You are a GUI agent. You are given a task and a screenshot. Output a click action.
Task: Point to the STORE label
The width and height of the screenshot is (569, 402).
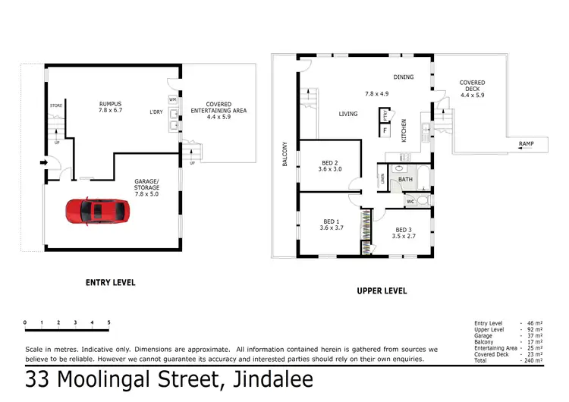click(55, 105)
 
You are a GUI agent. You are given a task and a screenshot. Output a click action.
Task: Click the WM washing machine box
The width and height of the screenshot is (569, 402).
click(172, 99)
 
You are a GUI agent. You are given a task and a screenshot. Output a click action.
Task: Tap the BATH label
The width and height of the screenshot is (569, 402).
click(405, 180)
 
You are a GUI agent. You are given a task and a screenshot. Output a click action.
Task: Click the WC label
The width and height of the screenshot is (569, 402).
click(410, 201)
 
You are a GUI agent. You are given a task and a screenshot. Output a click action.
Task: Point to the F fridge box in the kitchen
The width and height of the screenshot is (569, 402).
click(385, 130)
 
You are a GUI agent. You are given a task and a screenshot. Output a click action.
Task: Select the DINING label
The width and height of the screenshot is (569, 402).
click(403, 77)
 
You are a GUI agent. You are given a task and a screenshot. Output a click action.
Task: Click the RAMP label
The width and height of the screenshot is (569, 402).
click(526, 143)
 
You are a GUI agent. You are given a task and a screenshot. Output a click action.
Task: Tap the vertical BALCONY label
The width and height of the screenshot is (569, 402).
click(284, 155)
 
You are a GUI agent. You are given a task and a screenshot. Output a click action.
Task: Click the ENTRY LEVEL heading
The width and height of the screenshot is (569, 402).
click(110, 282)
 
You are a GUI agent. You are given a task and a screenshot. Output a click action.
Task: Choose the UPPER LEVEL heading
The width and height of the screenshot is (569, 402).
click(381, 291)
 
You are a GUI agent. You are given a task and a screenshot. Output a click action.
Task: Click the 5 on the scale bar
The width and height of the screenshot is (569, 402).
click(108, 323)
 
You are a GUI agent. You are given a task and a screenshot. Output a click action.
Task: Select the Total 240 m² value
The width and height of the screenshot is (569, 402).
click(534, 360)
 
